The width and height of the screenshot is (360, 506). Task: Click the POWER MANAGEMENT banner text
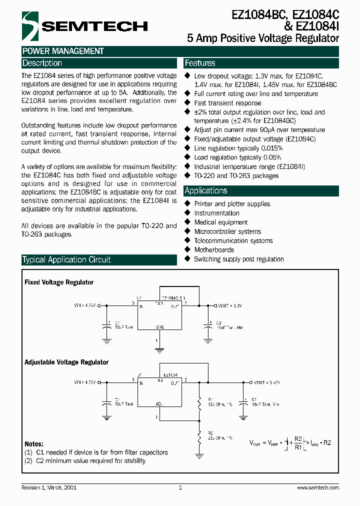(63, 51)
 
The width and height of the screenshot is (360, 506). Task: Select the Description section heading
(42, 63)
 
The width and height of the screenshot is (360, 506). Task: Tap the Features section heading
(200, 63)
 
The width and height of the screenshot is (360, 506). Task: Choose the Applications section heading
(206, 190)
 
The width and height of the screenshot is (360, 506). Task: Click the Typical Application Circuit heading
(66, 259)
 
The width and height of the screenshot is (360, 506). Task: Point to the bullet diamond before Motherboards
(188, 249)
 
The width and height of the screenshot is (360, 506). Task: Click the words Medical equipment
(220, 222)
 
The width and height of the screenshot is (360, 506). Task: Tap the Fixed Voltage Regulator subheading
(59, 282)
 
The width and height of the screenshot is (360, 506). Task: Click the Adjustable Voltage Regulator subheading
(66, 362)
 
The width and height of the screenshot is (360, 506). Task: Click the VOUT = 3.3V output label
(230, 304)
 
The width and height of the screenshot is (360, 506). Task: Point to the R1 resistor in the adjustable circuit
(199, 401)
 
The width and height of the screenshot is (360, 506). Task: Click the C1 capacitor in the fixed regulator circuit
(106, 325)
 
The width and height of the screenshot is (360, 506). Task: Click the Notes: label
(34, 444)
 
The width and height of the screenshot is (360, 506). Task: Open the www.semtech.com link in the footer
(318, 487)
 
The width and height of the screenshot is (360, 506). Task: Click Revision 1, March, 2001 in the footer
(49, 487)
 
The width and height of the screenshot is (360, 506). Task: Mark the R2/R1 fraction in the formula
(298, 443)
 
